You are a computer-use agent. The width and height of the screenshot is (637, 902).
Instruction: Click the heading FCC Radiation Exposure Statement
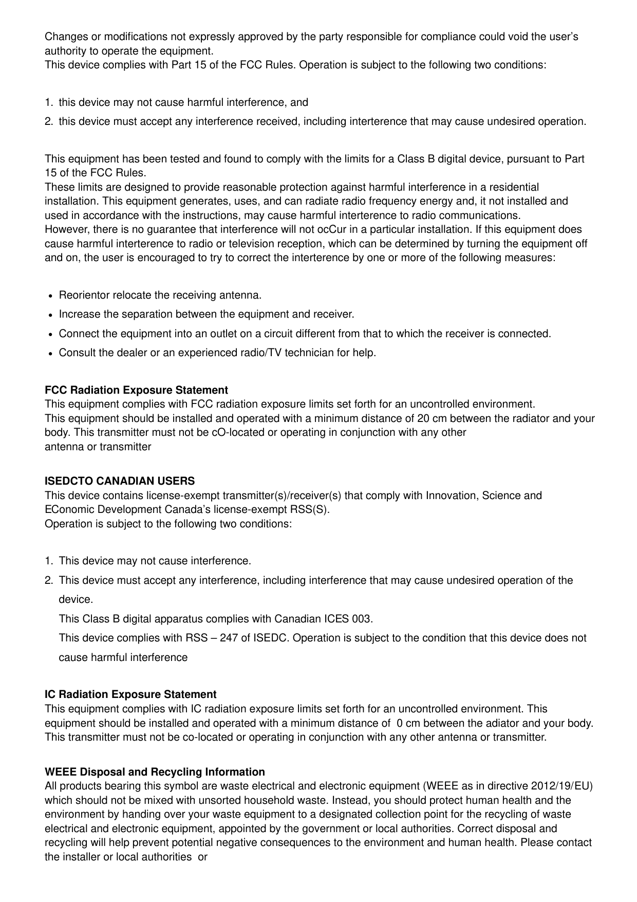point(136,390)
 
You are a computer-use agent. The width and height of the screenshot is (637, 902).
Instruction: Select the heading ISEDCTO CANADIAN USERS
point(120,481)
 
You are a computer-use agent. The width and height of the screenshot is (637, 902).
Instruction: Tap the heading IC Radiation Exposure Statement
point(130,694)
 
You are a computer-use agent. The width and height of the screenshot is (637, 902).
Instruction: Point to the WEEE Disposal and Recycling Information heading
point(155,772)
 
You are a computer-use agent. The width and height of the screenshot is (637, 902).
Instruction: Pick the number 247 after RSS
point(229,638)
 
